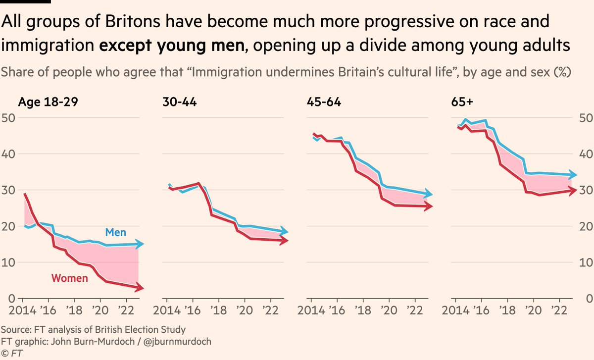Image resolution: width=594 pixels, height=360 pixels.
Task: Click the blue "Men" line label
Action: (116, 232)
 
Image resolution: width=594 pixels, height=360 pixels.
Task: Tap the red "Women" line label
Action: (70, 278)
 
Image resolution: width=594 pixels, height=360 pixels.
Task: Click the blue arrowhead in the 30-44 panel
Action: (284, 231)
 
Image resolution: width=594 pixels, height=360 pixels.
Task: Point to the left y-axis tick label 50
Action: (9, 118)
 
